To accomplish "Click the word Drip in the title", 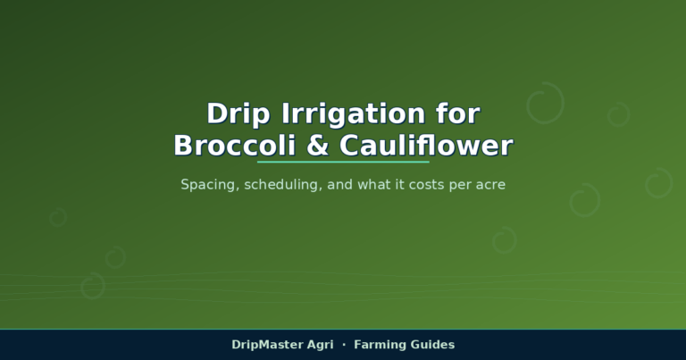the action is point(238,114).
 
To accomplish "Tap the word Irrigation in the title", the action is point(353,114).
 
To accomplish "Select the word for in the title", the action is point(458,113).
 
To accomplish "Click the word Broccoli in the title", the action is point(235,146).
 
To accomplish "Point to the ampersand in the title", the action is point(318,146).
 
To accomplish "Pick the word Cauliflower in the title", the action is point(426,146).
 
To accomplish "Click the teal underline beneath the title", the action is point(343,162).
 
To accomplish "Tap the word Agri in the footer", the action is point(321,345).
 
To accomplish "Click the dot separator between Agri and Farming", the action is point(344,345).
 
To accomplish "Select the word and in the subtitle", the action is point(340,184).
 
